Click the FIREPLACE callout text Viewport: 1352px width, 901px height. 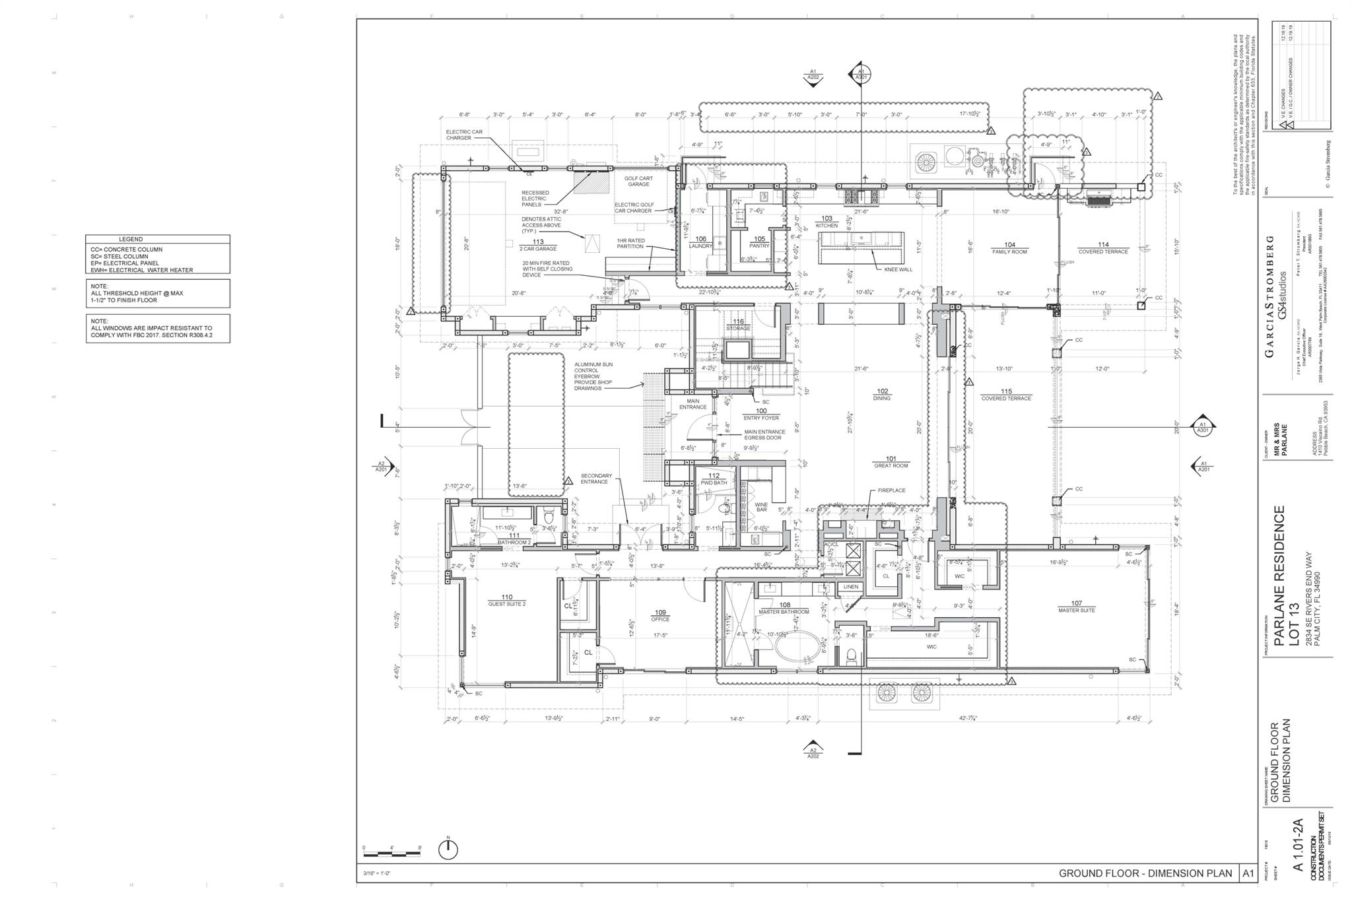click(891, 490)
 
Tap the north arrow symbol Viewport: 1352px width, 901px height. click(448, 850)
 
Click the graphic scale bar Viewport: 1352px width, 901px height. click(392, 853)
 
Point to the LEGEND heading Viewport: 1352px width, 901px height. click(131, 239)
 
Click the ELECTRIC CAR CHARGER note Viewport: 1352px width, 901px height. click(464, 135)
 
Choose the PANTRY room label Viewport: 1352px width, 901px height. click(759, 242)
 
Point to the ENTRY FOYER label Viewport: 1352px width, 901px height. click(761, 415)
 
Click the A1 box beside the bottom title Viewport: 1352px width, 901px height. click(1248, 873)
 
